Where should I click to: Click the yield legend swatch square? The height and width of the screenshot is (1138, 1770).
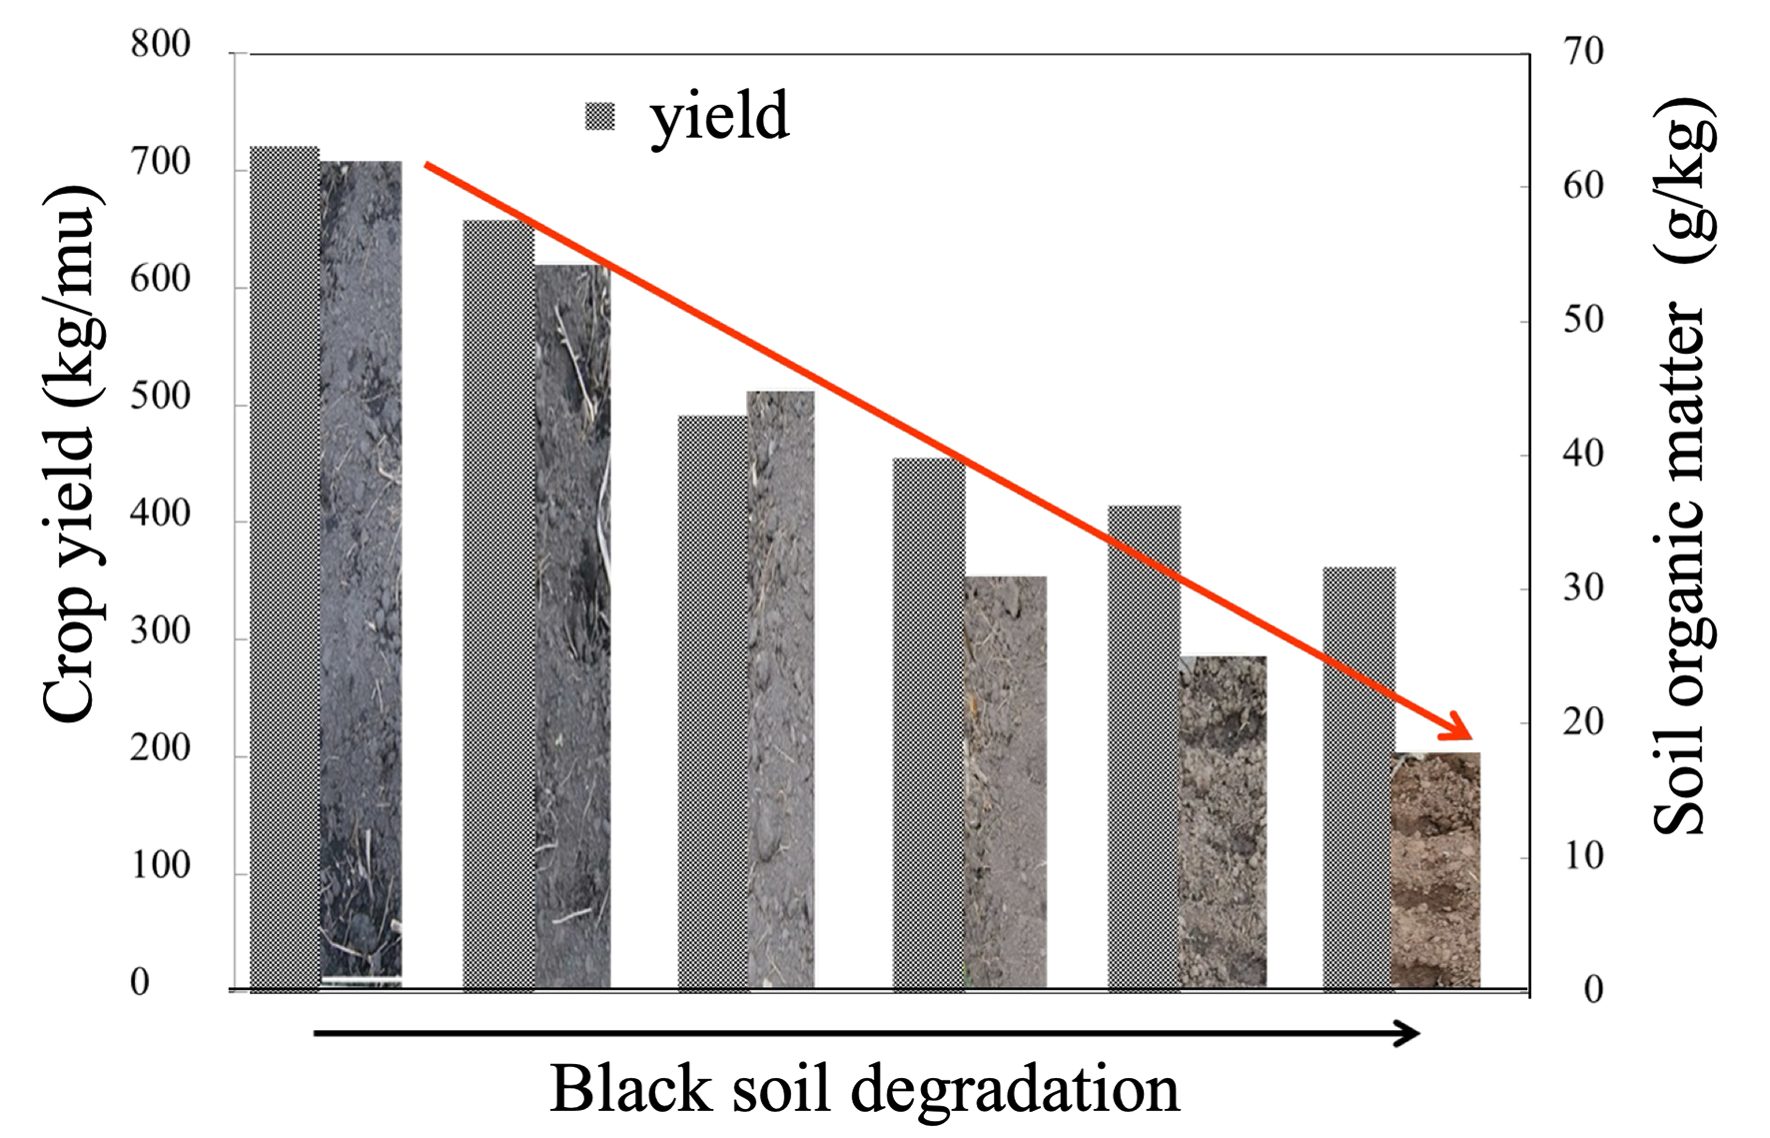click(599, 117)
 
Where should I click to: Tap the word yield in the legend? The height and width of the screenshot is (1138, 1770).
click(719, 117)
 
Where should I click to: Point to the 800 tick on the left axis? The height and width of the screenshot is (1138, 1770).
click(160, 45)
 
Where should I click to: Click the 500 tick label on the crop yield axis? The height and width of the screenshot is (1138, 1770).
click(160, 397)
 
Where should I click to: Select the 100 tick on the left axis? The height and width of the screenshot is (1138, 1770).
click(160, 865)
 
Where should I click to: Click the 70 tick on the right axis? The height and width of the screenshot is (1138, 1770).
click(1583, 51)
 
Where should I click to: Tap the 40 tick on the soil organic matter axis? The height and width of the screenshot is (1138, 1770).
click(1583, 455)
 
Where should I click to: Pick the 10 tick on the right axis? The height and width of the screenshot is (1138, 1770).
click(1583, 856)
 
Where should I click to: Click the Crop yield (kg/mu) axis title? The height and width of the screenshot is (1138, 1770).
click(70, 455)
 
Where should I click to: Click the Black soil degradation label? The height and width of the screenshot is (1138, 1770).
click(864, 1089)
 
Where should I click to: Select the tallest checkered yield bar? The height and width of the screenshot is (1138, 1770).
click(284, 569)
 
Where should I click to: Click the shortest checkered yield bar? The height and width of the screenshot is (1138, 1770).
click(1358, 779)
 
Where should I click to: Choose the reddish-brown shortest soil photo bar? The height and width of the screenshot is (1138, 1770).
click(1435, 869)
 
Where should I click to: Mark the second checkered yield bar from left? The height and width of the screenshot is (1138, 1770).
click(498, 604)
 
